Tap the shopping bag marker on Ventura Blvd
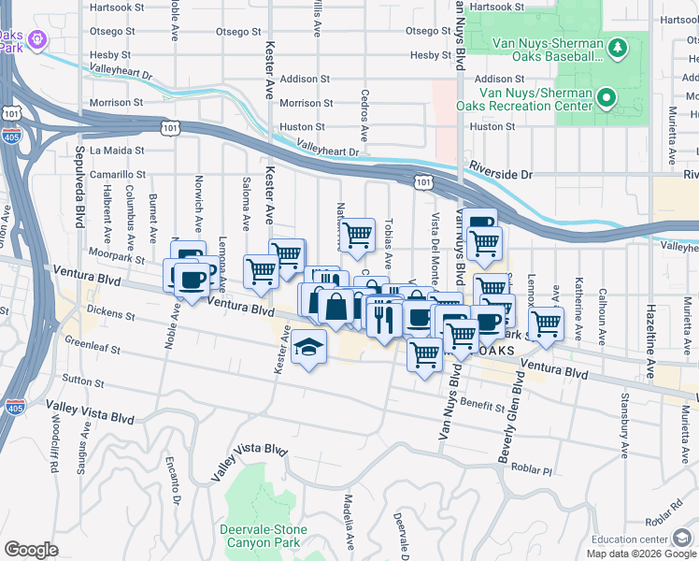335,305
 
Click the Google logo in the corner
31,549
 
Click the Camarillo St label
118,174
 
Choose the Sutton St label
84,381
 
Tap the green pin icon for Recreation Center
606,96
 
